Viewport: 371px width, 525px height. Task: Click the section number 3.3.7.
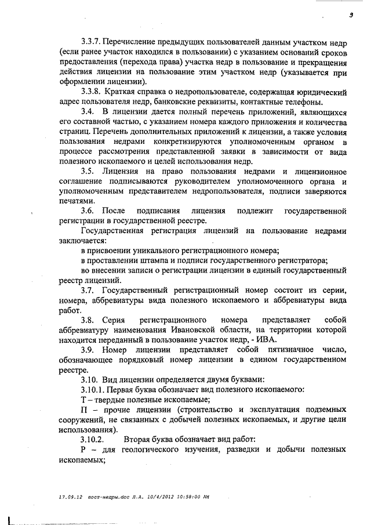(92, 42)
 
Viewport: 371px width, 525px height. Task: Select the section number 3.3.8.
(92, 92)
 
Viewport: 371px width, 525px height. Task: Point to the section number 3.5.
(88, 172)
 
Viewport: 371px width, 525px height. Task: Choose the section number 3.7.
(88, 290)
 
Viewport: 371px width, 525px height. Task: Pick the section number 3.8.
(88, 320)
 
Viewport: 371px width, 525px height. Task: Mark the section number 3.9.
(88, 350)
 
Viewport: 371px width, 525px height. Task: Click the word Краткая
(129, 92)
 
